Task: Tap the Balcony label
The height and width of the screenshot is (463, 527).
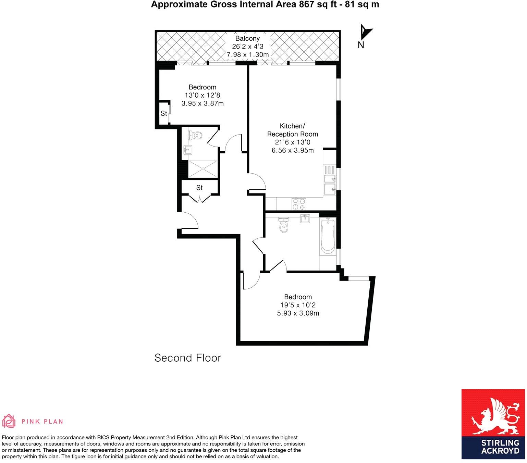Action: [247, 38]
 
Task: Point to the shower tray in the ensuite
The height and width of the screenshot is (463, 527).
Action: [203, 169]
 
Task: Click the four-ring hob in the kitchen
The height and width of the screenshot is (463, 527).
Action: [299, 204]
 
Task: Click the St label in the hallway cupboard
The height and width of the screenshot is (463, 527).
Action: [199, 188]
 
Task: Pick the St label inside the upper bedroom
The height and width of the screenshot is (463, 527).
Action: [164, 113]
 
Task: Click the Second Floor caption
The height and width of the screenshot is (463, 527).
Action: [187, 358]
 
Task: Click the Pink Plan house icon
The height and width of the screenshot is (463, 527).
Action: [9, 421]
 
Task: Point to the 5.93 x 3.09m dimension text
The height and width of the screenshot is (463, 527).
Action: [298, 313]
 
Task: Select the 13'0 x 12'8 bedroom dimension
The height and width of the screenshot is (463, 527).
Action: [202, 95]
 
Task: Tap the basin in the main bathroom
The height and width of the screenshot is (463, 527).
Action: [305, 218]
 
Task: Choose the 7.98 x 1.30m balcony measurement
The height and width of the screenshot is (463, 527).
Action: [247, 54]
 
